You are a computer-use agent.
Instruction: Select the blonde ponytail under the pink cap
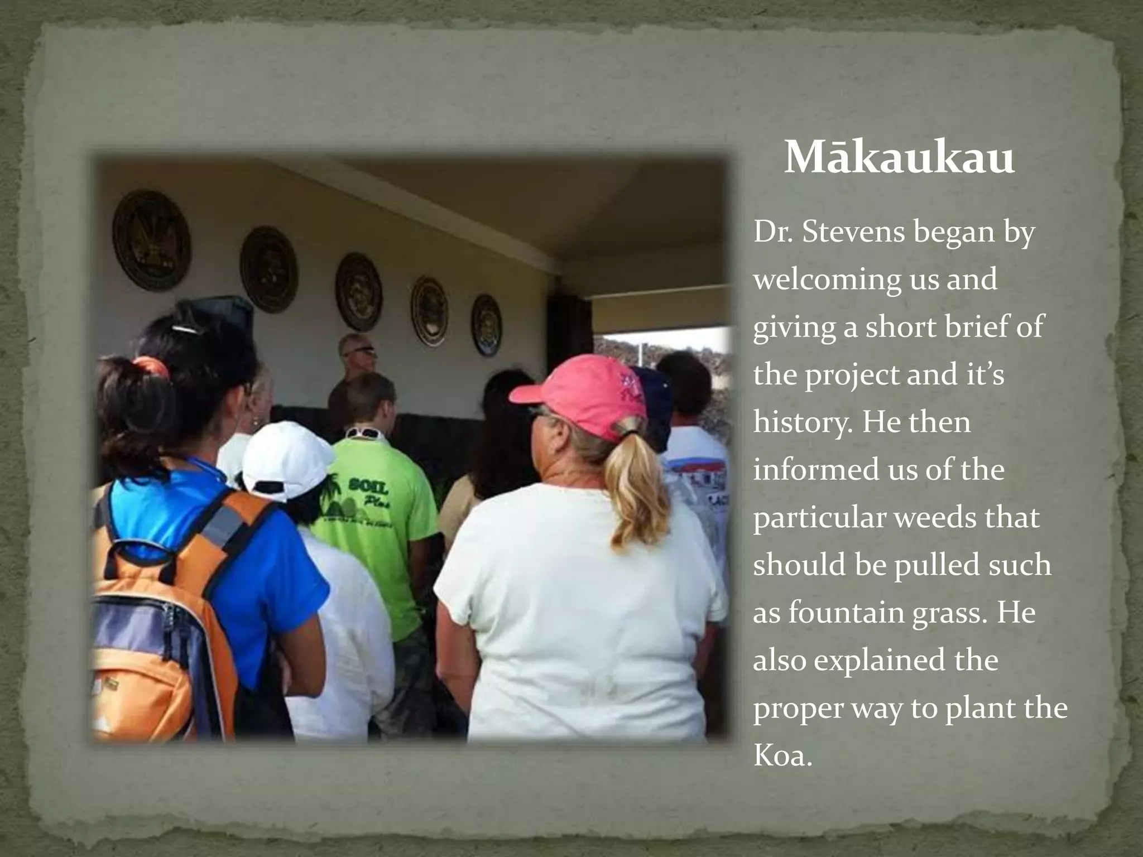click(x=636, y=485)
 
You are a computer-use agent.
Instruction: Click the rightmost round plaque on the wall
click(x=486, y=325)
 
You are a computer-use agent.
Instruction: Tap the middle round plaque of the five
click(x=358, y=291)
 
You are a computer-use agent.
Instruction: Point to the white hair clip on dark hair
click(x=185, y=329)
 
